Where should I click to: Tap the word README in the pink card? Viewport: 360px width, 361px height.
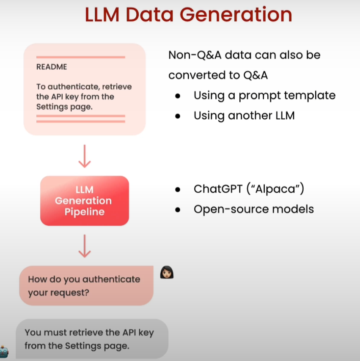(52, 67)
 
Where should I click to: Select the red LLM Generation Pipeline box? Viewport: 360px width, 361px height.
(84, 200)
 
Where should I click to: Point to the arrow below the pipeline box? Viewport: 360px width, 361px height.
(85, 246)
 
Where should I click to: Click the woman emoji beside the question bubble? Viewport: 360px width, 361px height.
(167, 272)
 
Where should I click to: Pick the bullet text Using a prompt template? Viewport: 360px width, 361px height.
(264, 96)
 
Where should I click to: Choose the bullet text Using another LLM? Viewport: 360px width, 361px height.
(244, 115)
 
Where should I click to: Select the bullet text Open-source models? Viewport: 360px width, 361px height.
(254, 208)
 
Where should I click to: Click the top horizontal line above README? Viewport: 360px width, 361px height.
(80, 57)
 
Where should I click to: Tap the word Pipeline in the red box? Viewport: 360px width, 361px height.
(84, 212)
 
